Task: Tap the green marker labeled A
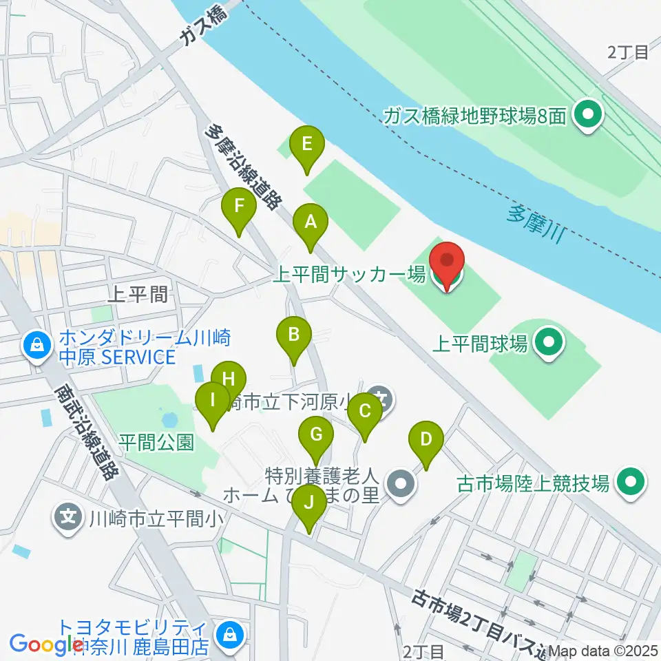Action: (x=311, y=224)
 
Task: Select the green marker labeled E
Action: (x=307, y=146)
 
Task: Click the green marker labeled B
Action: (x=293, y=337)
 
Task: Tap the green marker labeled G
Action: (x=316, y=436)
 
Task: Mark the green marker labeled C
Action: (x=365, y=413)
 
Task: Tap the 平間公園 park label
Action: (x=156, y=441)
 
